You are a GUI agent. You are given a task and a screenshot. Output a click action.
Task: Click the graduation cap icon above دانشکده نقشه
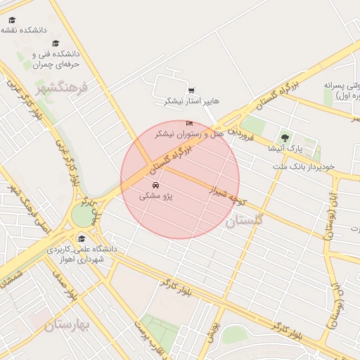[x=13, y=20]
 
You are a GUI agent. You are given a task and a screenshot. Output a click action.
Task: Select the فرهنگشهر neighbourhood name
[x=60, y=89]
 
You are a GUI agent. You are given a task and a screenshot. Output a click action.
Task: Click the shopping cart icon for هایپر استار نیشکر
[x=191, y=90]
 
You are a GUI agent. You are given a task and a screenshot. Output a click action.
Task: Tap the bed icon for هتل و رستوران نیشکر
[x=188, y=122]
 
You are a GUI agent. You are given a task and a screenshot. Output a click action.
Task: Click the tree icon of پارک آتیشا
[x=284, y=137]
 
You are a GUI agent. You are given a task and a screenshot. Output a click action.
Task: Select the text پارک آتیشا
[x=266, y=148]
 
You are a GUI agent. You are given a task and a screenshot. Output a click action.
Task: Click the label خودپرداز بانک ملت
[x=307, y=167]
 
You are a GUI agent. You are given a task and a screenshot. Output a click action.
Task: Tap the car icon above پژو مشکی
[x=155, y=185]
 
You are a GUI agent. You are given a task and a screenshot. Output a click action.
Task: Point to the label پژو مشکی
[x=155, y=196]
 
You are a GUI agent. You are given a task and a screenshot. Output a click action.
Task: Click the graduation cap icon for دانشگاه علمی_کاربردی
[x=82, y=237]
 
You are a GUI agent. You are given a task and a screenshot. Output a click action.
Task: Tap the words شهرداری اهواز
[x=82, y=260]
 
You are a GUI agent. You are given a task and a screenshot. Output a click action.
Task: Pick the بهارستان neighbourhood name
[x=67, y=325]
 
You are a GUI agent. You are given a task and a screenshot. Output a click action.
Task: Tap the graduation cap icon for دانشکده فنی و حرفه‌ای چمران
[x=56, y=43]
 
